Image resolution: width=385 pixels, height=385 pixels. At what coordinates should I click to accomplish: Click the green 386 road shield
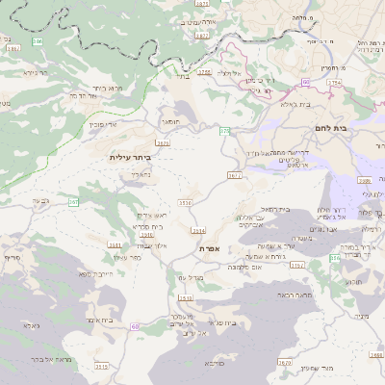coord(38,42)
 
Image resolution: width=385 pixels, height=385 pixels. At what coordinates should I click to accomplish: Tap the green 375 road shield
coord(225,131)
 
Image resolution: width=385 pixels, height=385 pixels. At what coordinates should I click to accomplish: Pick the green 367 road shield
coord(73,201)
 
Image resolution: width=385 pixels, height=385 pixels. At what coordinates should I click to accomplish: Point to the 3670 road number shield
coord(284,362)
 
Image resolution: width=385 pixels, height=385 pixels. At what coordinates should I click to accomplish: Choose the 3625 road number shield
coord(163,143)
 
